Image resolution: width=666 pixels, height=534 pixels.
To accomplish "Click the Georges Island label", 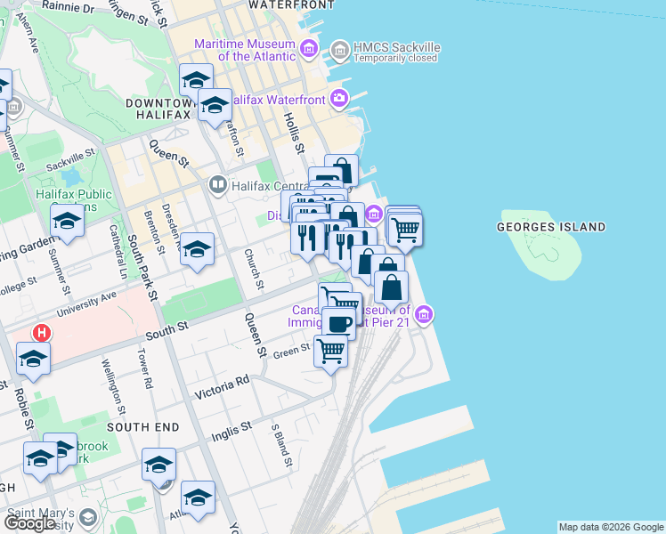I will [x=550, y=227].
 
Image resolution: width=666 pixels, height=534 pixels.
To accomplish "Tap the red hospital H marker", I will [x=40, y=333].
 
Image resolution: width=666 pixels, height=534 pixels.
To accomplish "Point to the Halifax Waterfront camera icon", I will [x=338, y=100].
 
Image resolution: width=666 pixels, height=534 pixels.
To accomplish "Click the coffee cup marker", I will [x=338, y=322].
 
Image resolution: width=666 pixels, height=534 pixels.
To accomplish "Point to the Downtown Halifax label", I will [x=158, y=109].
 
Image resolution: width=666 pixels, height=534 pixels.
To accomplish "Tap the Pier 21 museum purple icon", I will [x=425, y=314].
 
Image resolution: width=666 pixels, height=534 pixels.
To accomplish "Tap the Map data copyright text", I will [x=611, y=527].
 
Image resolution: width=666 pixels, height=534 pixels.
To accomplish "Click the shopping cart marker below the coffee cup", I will [x=330, y=352].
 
